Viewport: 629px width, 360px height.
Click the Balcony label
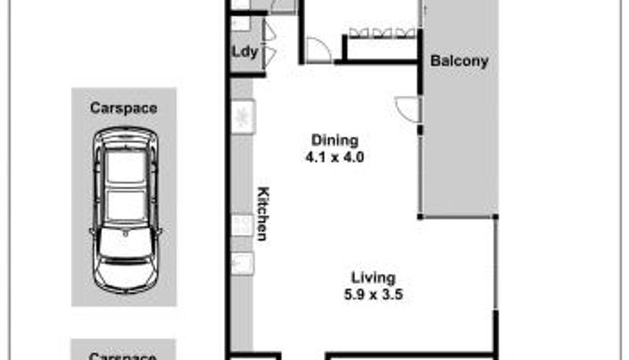[459, 61]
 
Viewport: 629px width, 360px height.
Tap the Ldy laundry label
[245, 52]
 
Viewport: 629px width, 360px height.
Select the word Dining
[335, 141]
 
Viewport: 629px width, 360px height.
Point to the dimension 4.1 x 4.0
[335, 157]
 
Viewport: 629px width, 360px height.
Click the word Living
[373, 277]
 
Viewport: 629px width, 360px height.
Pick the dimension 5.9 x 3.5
[373, 295]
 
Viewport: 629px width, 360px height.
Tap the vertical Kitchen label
[263, 214]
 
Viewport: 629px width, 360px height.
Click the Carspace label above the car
[123, 108]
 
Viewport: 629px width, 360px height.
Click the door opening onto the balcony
[407, 109]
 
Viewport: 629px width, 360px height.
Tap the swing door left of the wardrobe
[319, 50]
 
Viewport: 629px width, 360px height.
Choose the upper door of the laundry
[269, 31]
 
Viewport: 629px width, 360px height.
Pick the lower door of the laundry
[269, 56]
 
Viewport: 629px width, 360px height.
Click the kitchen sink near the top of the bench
[243, 116]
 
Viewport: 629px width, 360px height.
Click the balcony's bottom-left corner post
[420, 217]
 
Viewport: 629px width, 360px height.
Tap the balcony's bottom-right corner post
[495, 217]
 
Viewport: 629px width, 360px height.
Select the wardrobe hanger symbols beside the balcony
[382, 33]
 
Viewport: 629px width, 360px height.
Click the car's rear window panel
[126, 166]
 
